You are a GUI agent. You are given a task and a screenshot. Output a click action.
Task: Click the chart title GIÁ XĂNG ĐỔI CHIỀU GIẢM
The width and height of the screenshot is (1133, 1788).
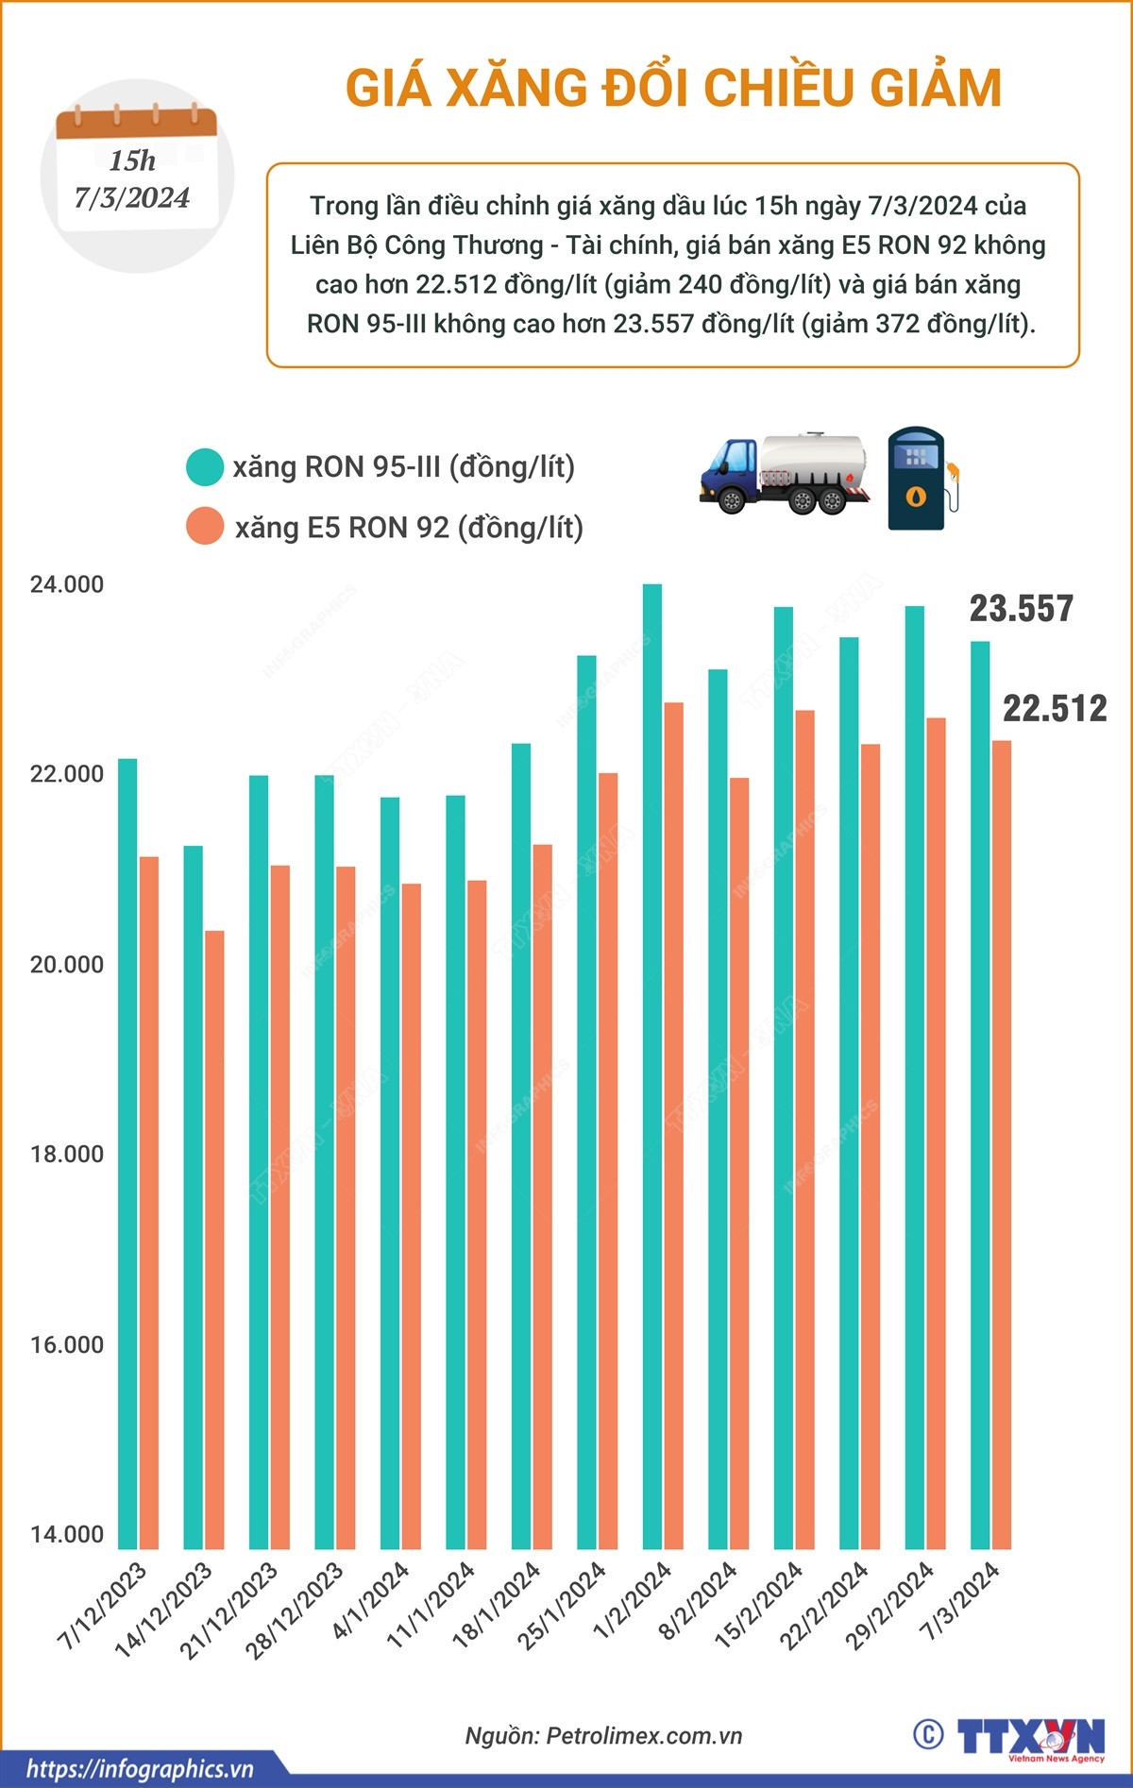tap(673, 88)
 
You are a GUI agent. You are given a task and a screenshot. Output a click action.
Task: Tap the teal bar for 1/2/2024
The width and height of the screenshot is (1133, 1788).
tap(652, 1067)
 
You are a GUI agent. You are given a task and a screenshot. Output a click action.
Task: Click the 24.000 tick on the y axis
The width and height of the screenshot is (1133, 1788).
tap(67, 585)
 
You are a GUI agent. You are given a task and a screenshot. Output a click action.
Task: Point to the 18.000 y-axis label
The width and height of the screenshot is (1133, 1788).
tap(67, 1155)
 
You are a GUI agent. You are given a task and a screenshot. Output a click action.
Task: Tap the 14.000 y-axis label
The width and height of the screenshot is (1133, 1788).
tap(67, 1535)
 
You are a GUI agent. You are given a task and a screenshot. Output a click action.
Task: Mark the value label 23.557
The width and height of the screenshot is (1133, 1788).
tap(1022, 609)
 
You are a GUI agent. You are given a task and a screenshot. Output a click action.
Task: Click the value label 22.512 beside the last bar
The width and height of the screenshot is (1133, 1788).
tap(1055, 709)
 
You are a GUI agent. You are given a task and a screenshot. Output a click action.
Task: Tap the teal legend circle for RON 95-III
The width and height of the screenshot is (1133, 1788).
tap(205, 467)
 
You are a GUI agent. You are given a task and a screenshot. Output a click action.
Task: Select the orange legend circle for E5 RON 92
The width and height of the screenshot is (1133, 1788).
tap(205, 527)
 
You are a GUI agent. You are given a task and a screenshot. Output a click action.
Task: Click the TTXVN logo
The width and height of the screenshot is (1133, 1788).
tap(1031, 1736)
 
